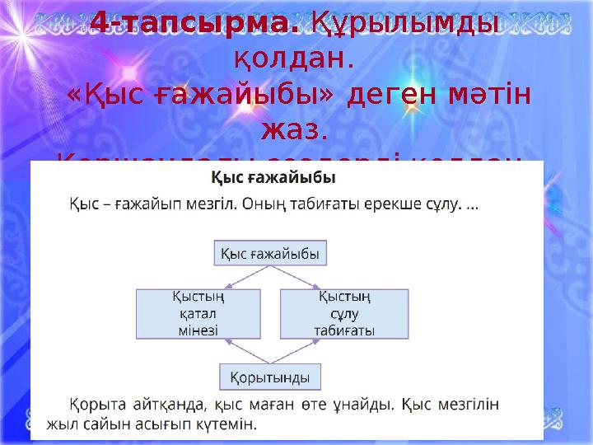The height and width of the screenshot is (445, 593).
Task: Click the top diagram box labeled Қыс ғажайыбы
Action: pyautogui.click(x=271, y=253)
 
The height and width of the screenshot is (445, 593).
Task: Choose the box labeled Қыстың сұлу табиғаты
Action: pyautogui.click(x=344, y=313)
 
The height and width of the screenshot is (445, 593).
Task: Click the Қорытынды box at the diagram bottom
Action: pyautogui.click(x=270, y=378)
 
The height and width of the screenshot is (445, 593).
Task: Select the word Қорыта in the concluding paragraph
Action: pyautogui.click(x=91, y=405)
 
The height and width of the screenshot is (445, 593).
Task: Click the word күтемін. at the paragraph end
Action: pyautogui.click(x=231, y=425)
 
